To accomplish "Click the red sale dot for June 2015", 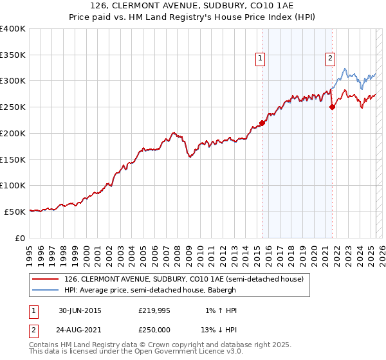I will point(262,123).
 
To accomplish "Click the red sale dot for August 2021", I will point(332,107).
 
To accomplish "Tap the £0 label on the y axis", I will point(21,238).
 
